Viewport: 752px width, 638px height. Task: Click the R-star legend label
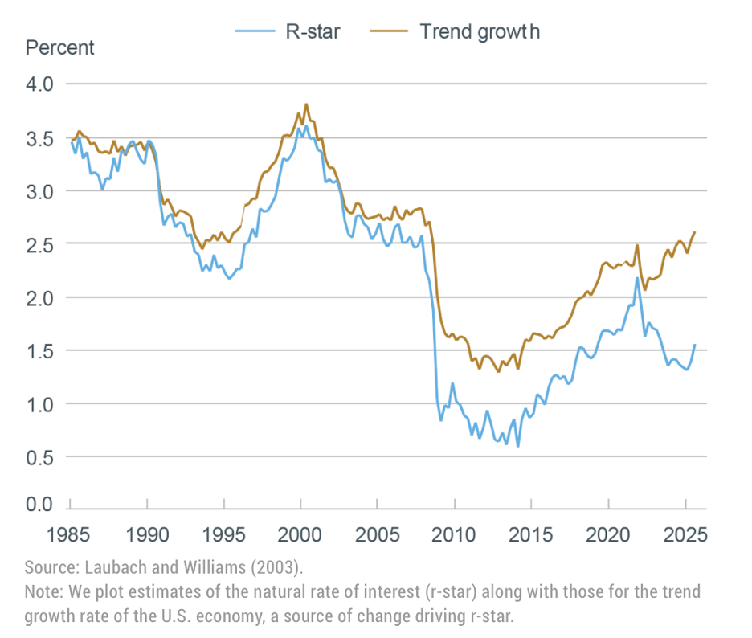tap(314, 32)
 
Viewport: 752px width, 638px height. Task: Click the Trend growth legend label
tap(480, 32)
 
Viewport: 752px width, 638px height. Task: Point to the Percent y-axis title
tap(59, 47)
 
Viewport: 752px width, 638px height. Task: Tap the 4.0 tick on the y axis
tap(39, 84)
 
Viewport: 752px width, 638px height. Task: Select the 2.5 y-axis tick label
tap(39, 243)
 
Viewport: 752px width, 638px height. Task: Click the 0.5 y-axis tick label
tap(39, 456)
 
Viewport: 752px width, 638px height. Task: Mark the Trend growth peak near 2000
tap(306, 104)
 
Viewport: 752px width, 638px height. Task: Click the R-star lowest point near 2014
tap(517, 446)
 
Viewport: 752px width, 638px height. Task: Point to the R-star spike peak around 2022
tap(637, 278)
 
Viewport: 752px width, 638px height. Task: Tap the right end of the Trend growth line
tap(694, 232)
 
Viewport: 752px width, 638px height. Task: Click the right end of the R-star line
tap(694, 345)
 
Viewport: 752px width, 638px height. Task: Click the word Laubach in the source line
tap(110, 567)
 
